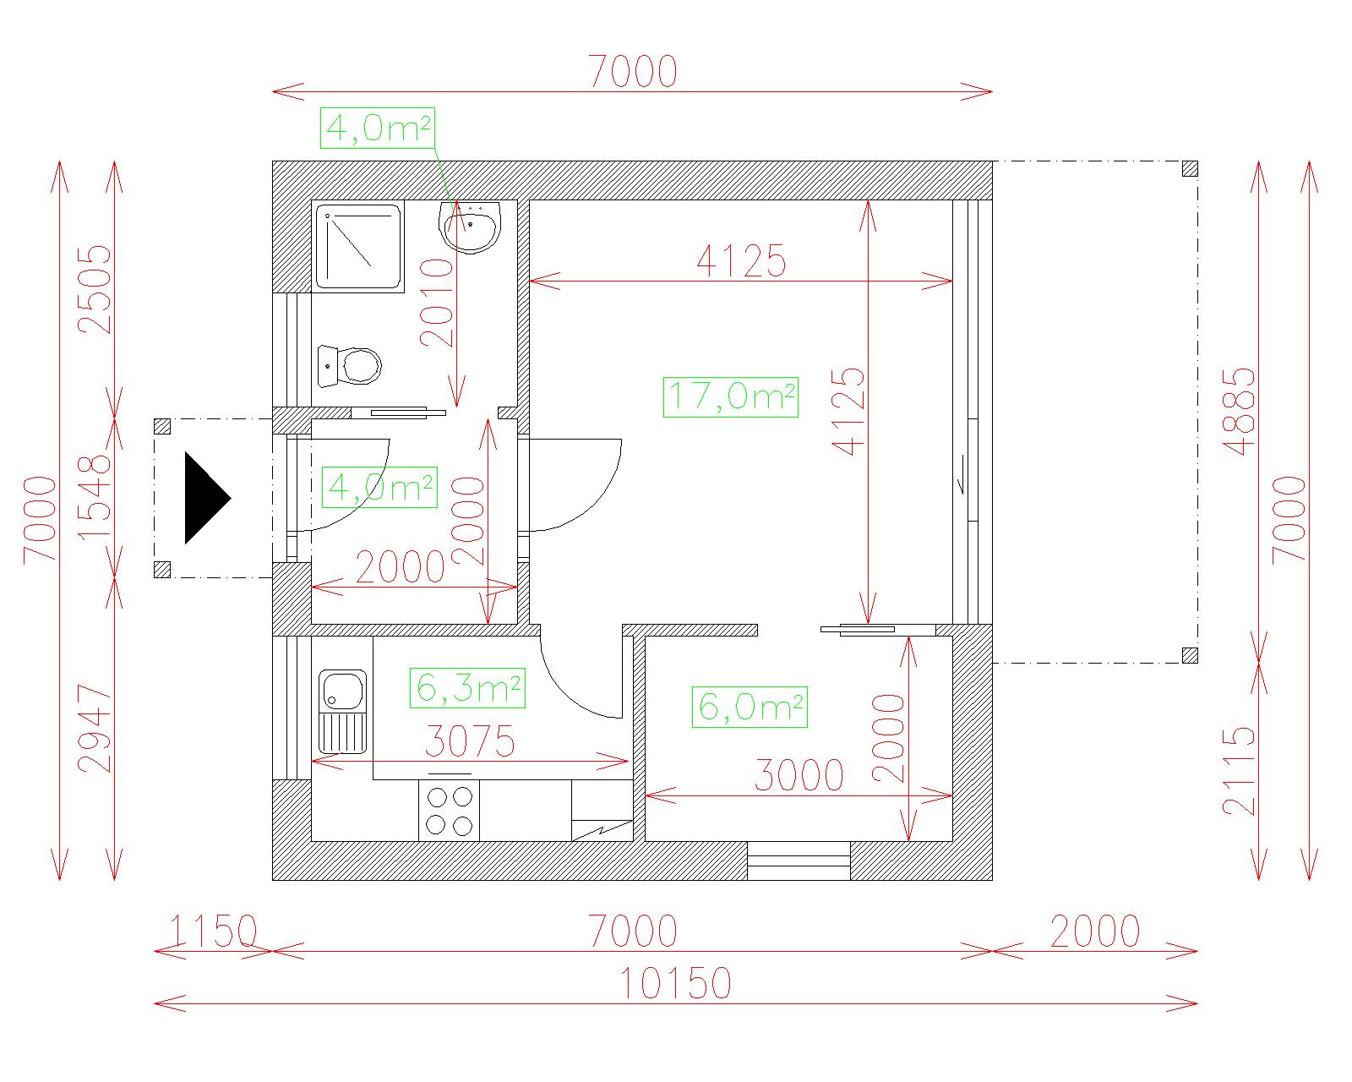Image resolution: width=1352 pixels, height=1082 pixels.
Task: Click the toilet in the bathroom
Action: (349, 366)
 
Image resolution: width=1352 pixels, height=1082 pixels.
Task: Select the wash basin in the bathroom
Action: (469, 227)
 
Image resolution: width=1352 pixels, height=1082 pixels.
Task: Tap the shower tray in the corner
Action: (358, 247)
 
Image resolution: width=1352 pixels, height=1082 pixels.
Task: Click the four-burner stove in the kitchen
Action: (450, 810)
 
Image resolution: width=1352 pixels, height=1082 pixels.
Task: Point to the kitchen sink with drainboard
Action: (342, 712)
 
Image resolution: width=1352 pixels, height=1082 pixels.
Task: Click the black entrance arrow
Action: (207, 498)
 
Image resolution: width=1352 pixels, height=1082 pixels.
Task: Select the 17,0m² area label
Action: (731, 397)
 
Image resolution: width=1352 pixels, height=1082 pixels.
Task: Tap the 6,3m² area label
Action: (467, 688)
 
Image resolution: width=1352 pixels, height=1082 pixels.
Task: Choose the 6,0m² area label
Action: (750, 708)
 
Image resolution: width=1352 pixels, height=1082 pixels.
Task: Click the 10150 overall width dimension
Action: (676, 983)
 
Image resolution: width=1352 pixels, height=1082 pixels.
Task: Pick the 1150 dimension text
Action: (213, 931)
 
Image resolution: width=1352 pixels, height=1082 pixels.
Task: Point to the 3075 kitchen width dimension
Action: (470, 740)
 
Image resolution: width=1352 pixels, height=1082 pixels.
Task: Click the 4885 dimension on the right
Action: (1239, 412)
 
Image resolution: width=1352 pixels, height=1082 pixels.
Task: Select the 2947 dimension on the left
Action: (95, 729)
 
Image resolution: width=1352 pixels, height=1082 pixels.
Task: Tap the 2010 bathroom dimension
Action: (437, 303)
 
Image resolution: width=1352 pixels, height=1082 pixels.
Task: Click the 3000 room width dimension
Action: (799, 775)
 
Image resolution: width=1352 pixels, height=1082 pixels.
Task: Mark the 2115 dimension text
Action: (1239, 772)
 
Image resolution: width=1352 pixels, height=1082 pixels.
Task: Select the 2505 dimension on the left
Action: (95, 289)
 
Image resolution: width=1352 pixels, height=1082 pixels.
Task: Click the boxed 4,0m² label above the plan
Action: (378, 128)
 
